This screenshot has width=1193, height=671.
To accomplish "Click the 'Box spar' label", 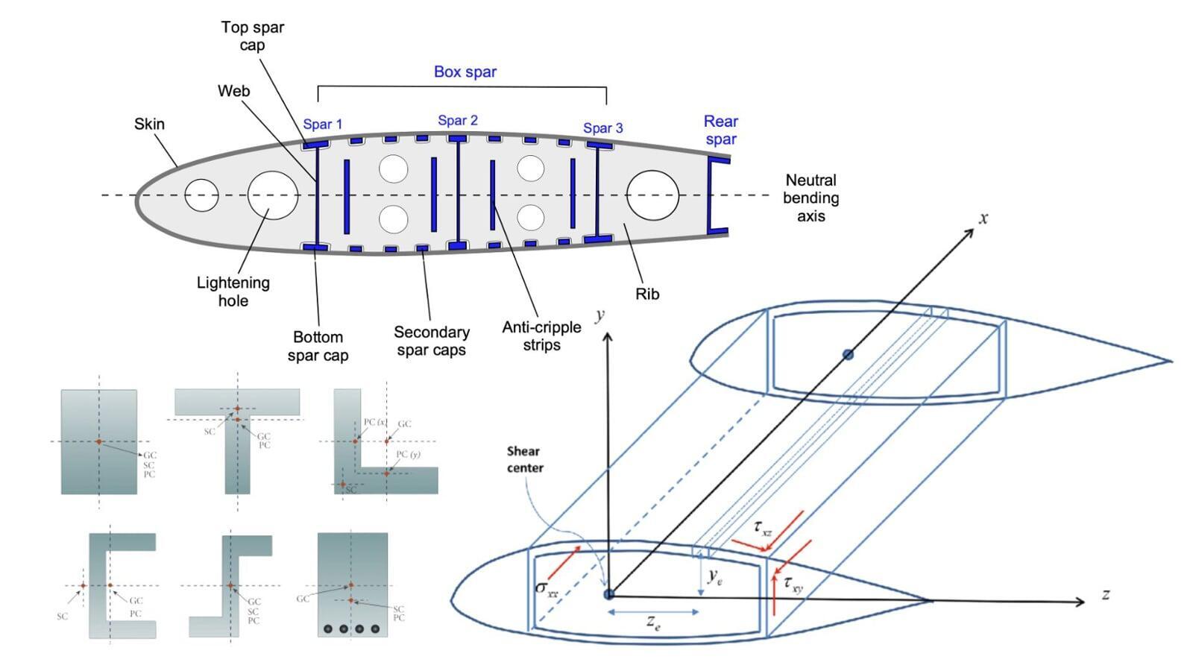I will pyautogui.click(x=465, y=72).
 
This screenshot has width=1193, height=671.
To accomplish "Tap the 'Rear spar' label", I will pyautogui.click(x=720, y=130).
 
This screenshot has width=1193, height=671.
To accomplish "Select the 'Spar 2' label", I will pyautogui.click(x=458, y=120).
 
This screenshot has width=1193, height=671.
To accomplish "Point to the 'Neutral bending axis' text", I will pyautogui.click(x=810, y=198).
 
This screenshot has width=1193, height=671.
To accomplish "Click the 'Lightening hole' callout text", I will pyautogui.click(x=233, y=292).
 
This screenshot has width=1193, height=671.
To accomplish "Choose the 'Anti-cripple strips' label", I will pyautogui.click(x=541, y=335).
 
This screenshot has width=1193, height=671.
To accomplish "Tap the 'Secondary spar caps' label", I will pyautogui.click(x=431, y=341).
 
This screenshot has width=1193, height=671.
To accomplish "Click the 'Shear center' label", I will pyautogui.click(x=524, y=459).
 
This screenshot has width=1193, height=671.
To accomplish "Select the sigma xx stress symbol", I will pyautogui.click(x=547, y=587).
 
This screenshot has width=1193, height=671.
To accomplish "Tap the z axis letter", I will pyautogui.click(x=1105, y=594).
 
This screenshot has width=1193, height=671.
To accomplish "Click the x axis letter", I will pyautogui.click(x=983, y=218).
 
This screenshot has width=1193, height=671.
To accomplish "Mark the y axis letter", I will pyautogui.click(x=599, y=316).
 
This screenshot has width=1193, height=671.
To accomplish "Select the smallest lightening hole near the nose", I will pyautogui.click(x=201, y=195).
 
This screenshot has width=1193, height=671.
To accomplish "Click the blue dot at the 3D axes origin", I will pyautogui.click(x=608, y=594).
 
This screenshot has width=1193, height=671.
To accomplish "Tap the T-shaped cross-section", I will pyautogui.click(x=237, y=440).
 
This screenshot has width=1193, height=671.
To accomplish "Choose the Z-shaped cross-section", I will pyautogui.click(x=231, y=585).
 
